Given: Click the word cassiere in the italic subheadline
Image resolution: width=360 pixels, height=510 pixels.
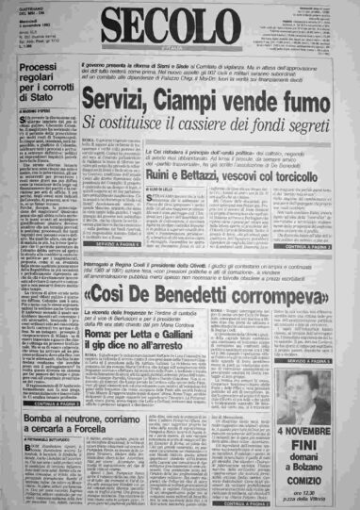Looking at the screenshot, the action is tap(221, 121).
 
